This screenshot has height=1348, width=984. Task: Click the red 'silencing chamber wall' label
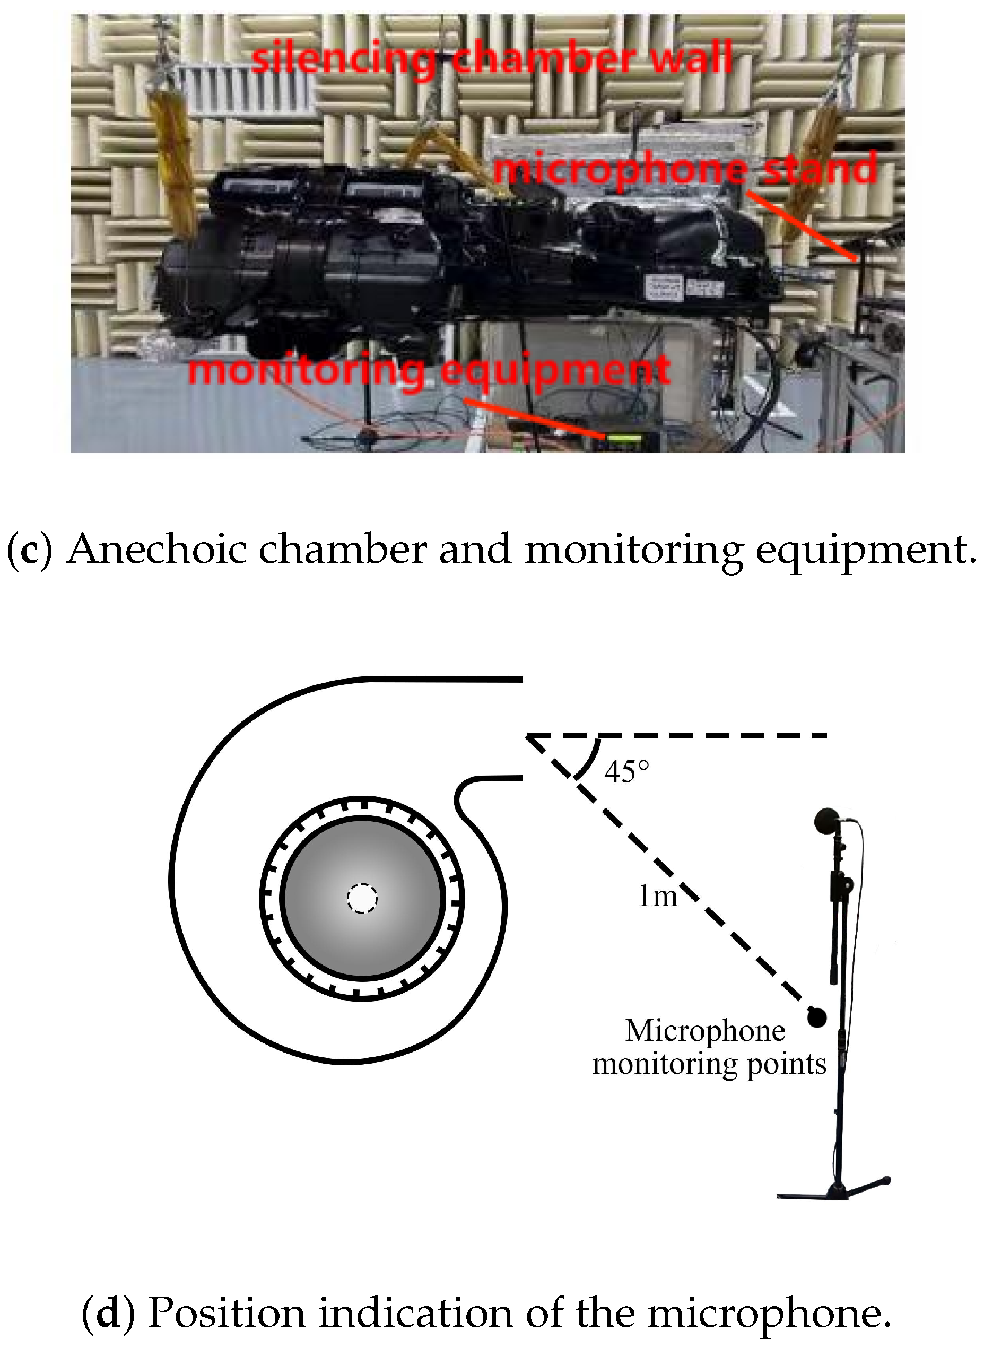coord(491,58)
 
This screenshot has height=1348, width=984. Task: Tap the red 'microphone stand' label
coord(685,169)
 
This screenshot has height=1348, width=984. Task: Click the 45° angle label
coord(626,771)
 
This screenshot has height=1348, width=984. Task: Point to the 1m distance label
coord(658,896)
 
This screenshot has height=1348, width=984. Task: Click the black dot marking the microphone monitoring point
coord(816,1017)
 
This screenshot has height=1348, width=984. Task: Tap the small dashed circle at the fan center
coord(362,898)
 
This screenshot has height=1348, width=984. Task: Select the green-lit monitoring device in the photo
coord(624,440)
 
